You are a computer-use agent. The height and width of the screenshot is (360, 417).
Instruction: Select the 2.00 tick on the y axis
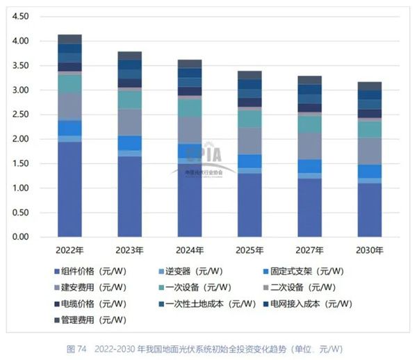[21, 139]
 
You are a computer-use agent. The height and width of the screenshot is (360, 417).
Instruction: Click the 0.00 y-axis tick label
[21, 237]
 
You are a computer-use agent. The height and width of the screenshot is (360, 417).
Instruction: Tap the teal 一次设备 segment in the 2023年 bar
[129, 99]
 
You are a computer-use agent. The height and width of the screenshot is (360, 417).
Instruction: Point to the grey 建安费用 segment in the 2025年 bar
[250, 140]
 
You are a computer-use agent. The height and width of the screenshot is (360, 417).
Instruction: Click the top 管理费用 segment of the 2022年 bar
[69, 39]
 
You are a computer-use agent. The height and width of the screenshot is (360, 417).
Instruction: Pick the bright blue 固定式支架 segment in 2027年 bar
[309, 166]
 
